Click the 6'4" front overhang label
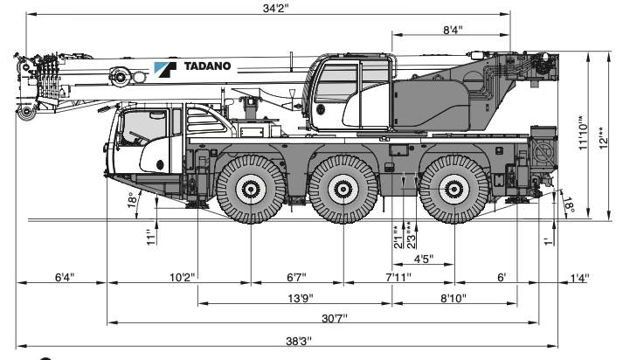pyautogui.click(x=64, y=278)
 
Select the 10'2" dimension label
pyautogui.click(x=181, y=278)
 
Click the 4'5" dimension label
pyautogui.click(x=423, y=258)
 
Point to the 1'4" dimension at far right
pyautogui.click(x=578, y=278)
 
